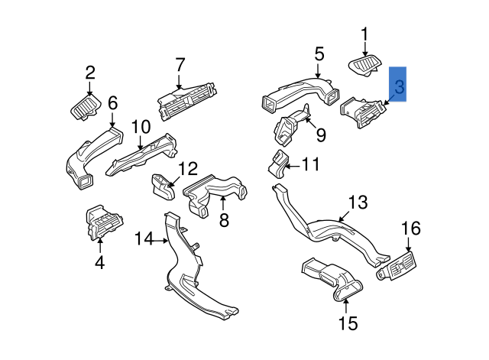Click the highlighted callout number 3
pos(399,83)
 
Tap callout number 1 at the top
pos(364,34)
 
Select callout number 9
pos(321,135)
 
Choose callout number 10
pos(141,127)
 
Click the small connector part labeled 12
pos(162,184)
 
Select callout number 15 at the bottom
pos(348,323)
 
